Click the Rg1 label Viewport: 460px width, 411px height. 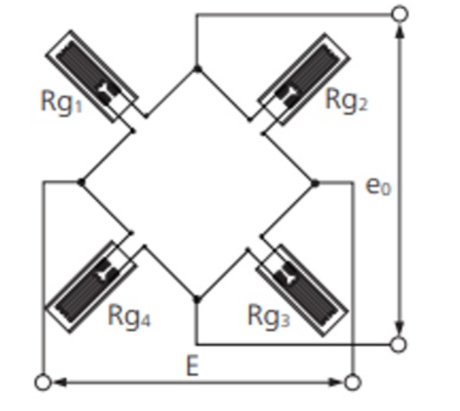[62, 102]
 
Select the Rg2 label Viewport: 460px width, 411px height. [346, 100]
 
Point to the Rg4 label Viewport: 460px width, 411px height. [129, 316]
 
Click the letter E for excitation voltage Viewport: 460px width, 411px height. [192, 366]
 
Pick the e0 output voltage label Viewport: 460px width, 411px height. [378, 187]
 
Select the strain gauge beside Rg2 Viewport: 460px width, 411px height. [304, 80]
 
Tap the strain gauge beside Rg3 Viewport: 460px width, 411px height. [303, 290]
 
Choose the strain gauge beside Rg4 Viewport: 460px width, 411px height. [91, 287]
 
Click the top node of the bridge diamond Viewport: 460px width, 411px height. [197, 69]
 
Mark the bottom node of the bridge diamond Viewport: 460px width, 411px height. [197, 300]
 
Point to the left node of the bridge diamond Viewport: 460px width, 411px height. [81, 182]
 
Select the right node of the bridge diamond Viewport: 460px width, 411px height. [314, 183]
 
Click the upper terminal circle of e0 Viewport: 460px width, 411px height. [400, 13]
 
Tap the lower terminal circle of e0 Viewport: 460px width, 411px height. [399, 344]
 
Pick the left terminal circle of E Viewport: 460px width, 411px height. [43, 383]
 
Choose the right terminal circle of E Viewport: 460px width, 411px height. [353, 383]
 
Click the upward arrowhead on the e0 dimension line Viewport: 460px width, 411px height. [400, 31]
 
